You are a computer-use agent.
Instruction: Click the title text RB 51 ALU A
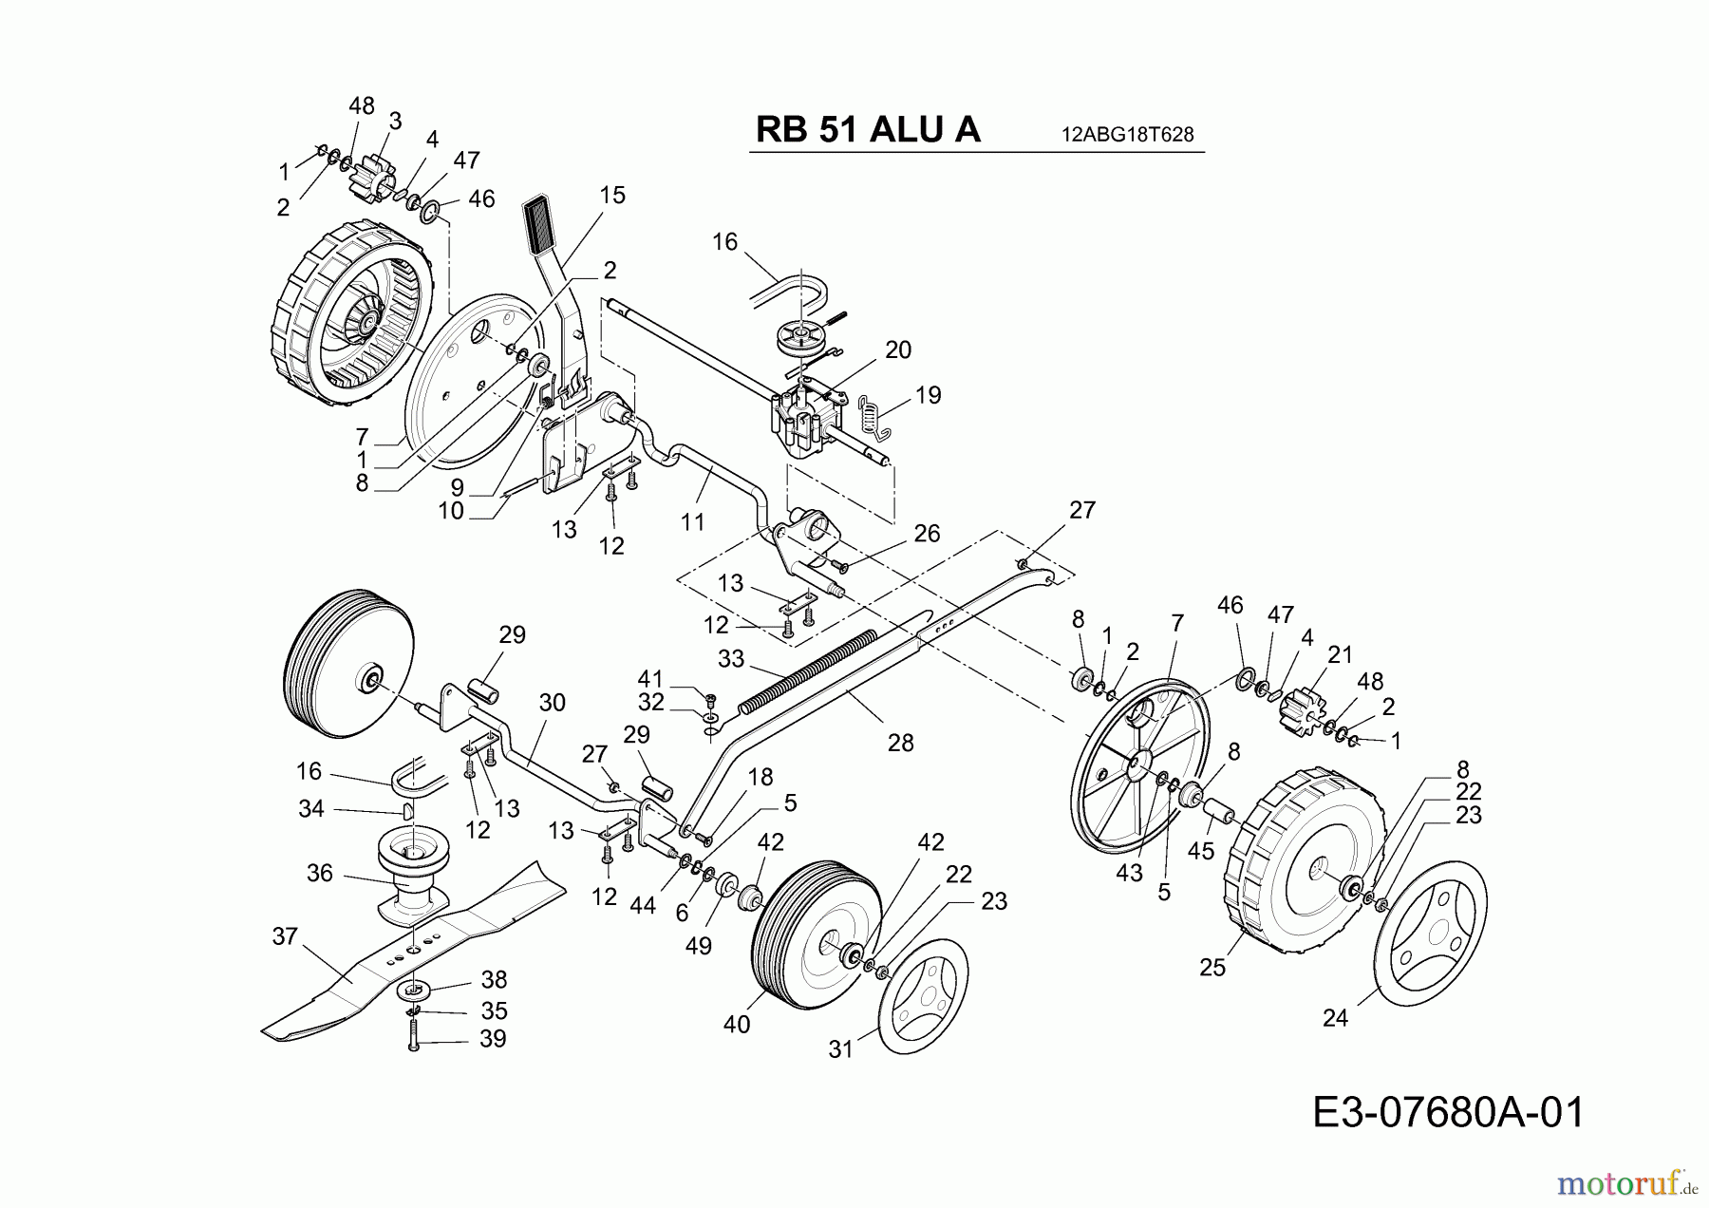(867, 130)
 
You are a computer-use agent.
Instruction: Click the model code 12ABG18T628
(1127, 135)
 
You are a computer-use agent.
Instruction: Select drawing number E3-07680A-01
(1448, 1113)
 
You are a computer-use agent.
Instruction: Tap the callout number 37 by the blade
(285, 937)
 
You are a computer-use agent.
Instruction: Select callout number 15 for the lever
(612, 196)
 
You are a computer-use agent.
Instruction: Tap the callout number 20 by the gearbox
(897, 349)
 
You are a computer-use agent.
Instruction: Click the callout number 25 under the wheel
(1212, 967)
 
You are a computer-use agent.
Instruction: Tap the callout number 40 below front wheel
(737, 1024)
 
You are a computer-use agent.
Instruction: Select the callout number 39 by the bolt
(493, 1038)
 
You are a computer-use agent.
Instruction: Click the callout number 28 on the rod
(900, 743)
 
